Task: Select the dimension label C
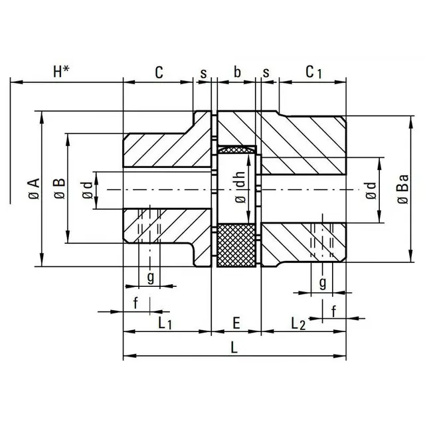[159, 72]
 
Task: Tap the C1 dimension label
[313, 72]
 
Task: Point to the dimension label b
[237, 72]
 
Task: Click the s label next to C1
[266, 72]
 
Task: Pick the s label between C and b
[203, 72]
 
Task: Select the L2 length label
[298, 323]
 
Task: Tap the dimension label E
[236, 323]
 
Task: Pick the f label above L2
[333, 309]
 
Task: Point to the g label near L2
[321, 283]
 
